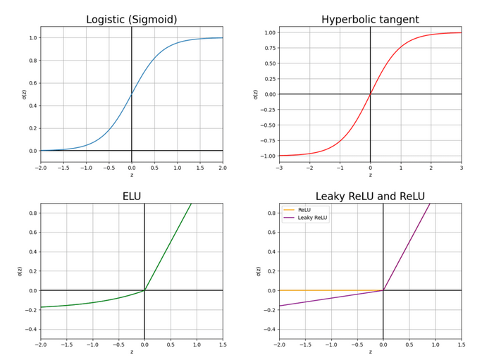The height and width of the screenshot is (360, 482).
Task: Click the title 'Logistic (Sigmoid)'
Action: pos(131,20)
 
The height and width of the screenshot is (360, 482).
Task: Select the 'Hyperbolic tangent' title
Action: pos(370,20)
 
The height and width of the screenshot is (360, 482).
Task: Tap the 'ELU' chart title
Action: pos(131,197)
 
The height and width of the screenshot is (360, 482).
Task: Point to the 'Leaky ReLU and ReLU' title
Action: pos(370,197)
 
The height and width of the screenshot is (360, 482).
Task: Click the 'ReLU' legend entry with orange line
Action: pos(304,210)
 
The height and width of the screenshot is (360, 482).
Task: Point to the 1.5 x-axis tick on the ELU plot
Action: pos(223,345)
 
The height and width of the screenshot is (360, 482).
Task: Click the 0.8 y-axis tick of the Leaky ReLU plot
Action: pos(269,213)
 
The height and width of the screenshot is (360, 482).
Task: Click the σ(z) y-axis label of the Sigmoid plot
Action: pos(23,94)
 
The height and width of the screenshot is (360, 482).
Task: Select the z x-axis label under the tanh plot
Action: pos(370,175)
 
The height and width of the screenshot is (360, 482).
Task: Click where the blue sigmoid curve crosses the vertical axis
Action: pos(132,94)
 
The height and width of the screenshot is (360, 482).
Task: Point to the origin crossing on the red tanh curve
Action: pos(370,94)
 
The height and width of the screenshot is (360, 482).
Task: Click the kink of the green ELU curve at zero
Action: pos(144,290)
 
